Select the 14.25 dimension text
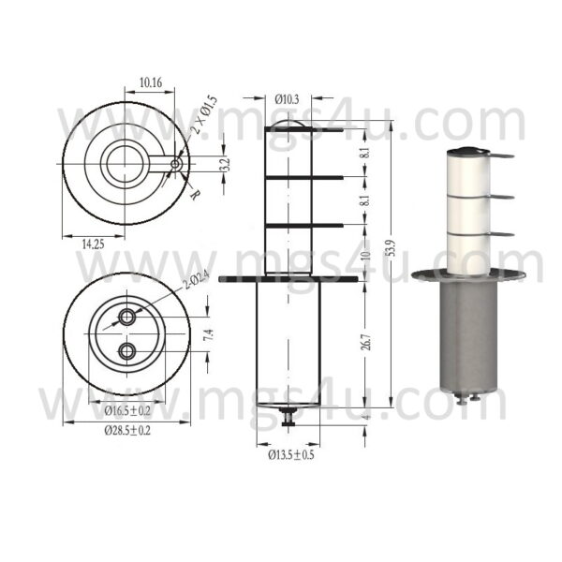pos(92,243)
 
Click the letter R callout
pos(193,195)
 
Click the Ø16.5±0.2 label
pos(126,410)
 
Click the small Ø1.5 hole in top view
pos(175,165)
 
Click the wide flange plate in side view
pos(288,277)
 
